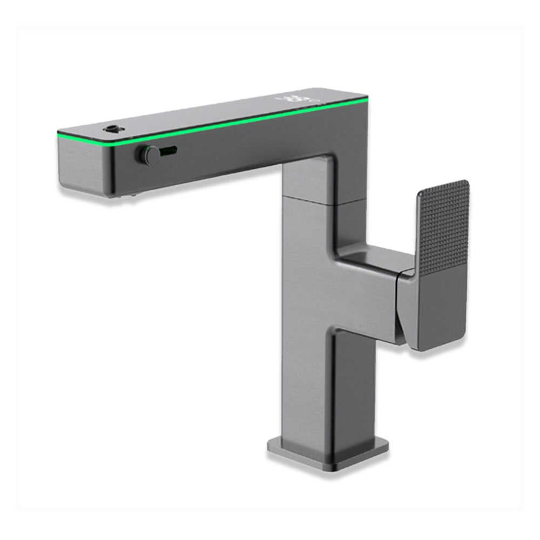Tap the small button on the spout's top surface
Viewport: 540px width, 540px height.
click(x=112, y=129)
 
